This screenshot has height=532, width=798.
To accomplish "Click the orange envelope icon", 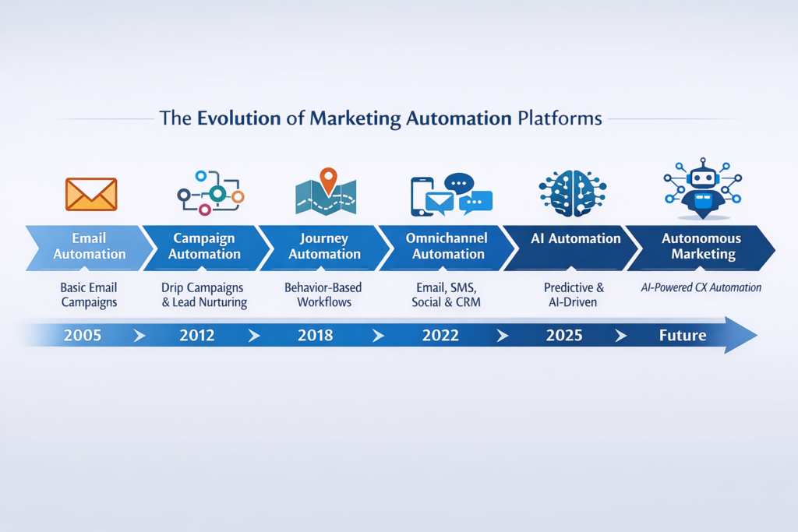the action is [91, 194].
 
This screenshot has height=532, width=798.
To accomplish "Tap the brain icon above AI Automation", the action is [573, 193].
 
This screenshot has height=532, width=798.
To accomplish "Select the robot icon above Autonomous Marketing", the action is [702, 188].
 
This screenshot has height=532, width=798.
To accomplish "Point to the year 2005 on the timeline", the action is [83, 335].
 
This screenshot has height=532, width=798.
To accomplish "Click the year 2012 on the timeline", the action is [197, 335].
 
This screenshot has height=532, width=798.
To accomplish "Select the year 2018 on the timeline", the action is [315, 335].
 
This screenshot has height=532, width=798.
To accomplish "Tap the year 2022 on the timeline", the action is [440, 335].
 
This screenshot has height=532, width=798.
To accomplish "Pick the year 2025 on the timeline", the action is [564, 335].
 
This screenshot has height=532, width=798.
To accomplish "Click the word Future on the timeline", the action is [683, 335].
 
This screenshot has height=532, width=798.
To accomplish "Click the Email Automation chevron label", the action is [89, 246].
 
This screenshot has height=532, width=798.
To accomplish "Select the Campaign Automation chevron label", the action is [204, 246].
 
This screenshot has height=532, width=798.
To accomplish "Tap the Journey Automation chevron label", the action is [324, 246].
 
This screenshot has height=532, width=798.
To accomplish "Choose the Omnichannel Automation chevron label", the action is [447, 246].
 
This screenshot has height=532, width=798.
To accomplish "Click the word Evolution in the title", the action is [238, 118].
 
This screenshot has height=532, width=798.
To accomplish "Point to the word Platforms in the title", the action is [560, 118].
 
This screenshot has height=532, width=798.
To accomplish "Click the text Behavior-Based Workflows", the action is [323, 294].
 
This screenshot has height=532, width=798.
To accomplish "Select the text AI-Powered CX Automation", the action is [701, 287].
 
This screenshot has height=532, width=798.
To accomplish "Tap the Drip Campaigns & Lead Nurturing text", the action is [203, 295].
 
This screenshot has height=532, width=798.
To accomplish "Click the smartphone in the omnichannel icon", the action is [421, 196].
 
